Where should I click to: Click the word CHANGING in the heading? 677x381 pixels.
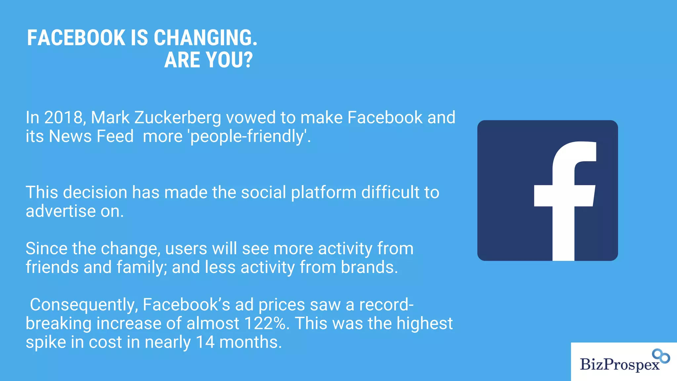(205, 38)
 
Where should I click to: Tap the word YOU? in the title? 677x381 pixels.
(229, 60)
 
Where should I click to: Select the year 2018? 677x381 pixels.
(64, 118)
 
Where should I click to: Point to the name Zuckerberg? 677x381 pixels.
(178, 118)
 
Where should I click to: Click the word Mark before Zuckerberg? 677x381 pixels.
(110, 118)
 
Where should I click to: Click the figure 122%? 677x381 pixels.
(266, 323)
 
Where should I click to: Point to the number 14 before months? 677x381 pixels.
(205, 342)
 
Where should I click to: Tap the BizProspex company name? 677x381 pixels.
(619, 364)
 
